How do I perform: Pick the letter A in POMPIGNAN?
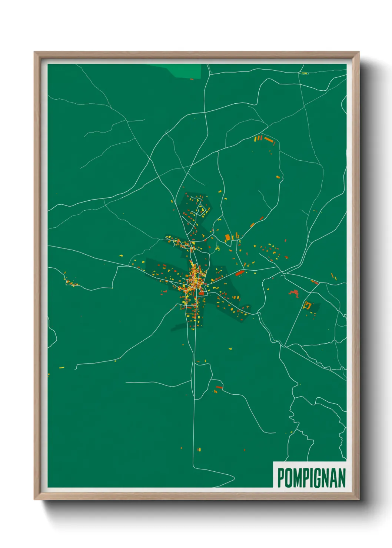(x=334, y=478)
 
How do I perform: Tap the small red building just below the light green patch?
(x=192, y=79)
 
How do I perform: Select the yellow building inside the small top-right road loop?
(x=304, y=73)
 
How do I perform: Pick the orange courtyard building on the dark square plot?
(x=307, y=305)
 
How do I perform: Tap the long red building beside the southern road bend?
(x=219, y=387)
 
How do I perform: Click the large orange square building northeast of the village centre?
(x=228, y=237)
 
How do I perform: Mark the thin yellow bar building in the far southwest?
(x=62, y=368)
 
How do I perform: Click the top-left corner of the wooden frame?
(x=34, y=52)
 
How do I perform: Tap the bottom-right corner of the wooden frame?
(x=359, y=499)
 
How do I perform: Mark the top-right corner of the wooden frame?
(x=359, y=52)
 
